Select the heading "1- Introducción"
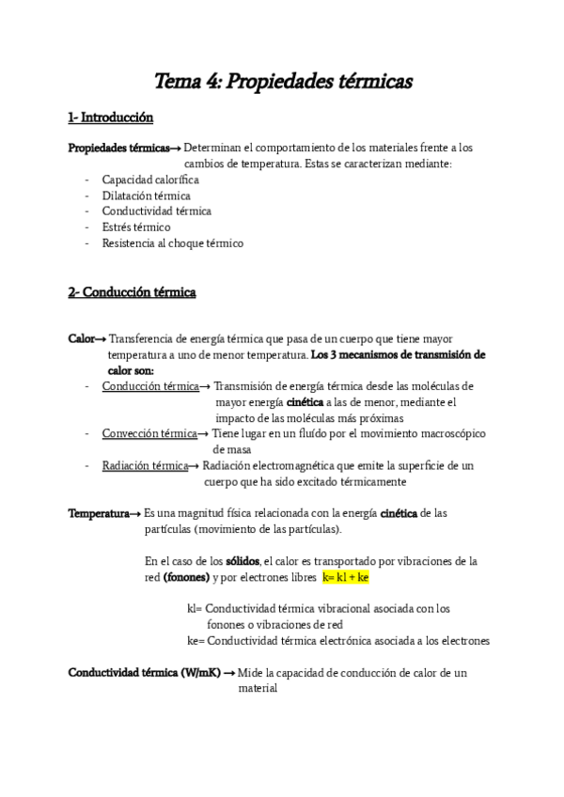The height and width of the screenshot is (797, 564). click(x=110, y=117)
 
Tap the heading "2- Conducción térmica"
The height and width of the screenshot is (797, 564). click(x=132, y=292)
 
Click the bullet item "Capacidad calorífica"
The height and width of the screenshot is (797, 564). click(x=150, y=180)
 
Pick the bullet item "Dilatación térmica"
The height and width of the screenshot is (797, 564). click(x=146, y=195)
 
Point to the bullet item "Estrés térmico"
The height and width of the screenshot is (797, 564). click(x=136, y=227)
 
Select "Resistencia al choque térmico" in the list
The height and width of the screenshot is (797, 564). click(x=172, y=242)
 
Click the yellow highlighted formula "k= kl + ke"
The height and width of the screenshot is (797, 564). click(x=346, y=577)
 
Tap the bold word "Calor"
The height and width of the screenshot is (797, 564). click(x=81, y=339)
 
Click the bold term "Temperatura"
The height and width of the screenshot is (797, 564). click(x=98, y=513)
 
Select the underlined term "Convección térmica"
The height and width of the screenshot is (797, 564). click(x=149, y=433)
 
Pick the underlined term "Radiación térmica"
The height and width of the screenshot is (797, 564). click(x=145, y=465)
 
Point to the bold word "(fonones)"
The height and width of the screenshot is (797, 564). click(x=186, y=577)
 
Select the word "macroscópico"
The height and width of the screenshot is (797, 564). click(x=436, y=433)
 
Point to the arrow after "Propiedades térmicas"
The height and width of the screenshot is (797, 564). click(x=176, y=148)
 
